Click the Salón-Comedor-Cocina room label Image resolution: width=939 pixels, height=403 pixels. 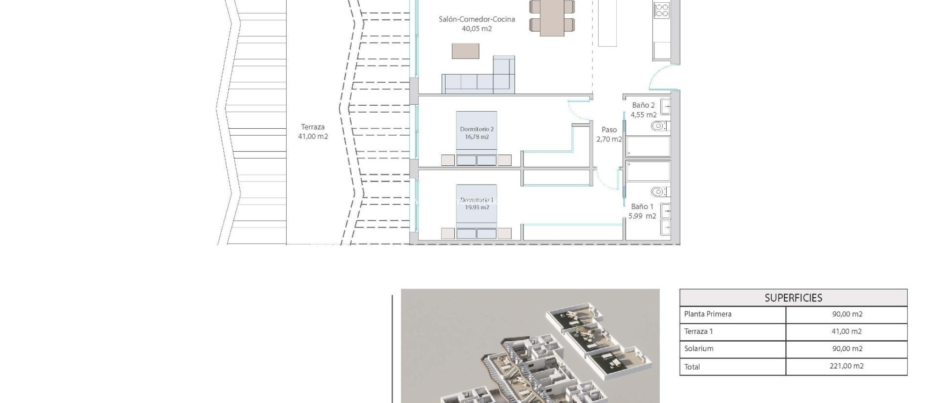476,19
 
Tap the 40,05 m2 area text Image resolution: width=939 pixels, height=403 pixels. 476,29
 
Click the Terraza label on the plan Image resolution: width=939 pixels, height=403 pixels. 313,127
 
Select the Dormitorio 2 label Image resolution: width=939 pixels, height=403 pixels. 476,129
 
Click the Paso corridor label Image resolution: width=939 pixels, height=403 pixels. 609,130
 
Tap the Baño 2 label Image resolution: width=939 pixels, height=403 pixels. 643,105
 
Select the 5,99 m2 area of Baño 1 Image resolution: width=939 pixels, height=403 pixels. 642,216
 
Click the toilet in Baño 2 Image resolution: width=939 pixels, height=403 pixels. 658,126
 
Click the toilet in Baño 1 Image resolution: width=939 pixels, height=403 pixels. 658,191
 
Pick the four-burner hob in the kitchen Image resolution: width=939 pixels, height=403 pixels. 662,10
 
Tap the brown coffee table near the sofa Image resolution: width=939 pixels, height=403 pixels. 465,51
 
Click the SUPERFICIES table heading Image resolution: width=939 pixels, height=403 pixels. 793,298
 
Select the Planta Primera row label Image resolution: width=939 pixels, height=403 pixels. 707,314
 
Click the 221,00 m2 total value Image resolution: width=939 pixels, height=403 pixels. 846,366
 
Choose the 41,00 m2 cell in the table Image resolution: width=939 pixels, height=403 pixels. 846,332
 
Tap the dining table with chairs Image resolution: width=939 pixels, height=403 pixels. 552,17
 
